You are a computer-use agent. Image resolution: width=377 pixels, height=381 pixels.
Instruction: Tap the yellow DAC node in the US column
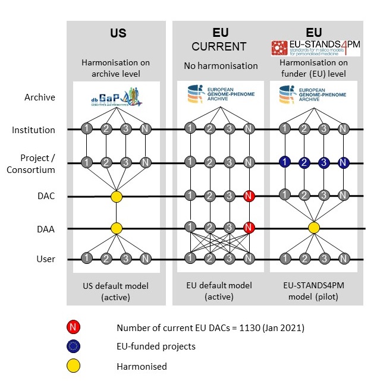117,196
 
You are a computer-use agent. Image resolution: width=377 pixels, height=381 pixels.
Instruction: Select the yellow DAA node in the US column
117,228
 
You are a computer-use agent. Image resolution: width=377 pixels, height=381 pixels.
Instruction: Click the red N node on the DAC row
249,195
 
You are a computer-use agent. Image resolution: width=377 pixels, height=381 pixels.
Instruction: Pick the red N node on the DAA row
249,226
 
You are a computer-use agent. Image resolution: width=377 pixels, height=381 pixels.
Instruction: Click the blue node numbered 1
285,162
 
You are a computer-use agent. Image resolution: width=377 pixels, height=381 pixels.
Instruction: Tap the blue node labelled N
343,162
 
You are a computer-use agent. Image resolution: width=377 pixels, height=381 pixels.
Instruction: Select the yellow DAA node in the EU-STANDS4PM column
314,228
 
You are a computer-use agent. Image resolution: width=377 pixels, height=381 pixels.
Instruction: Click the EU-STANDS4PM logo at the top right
316,48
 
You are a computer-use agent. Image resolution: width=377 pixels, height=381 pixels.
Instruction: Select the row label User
46,259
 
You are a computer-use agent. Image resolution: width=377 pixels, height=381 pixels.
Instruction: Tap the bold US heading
118,33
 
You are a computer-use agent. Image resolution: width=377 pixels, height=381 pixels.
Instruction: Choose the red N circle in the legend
74,327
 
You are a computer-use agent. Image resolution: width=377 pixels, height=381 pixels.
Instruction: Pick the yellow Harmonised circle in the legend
74,366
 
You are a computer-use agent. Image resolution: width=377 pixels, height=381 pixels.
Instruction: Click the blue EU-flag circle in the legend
74,347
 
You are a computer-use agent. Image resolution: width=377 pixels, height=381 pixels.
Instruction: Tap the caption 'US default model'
116,286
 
